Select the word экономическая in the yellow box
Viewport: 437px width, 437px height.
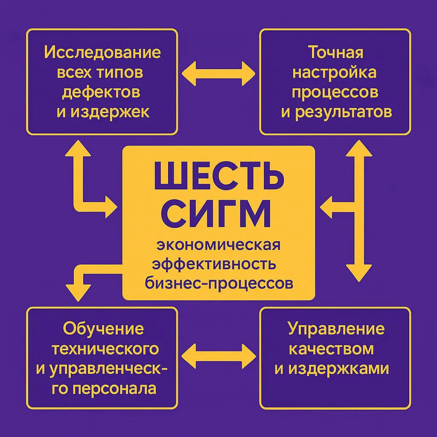(x=218, y=246)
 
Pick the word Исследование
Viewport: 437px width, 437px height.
(x=102, y=53)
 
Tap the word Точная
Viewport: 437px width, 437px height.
(x=335, y=53)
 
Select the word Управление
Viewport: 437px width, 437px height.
(x=336, y=329)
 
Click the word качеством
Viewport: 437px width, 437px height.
(x=332, y=349)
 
